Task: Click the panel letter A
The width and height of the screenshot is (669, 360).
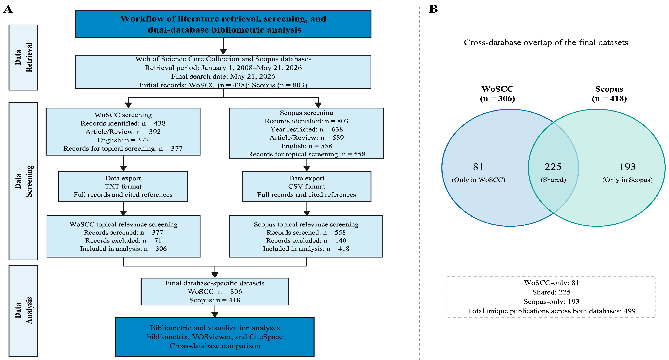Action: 8,9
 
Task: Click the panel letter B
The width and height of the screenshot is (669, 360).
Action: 433,9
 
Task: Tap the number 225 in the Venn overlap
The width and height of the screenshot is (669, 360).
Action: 553,167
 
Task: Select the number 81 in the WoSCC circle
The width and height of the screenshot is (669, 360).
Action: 478,167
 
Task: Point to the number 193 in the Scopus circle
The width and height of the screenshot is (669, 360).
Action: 627,167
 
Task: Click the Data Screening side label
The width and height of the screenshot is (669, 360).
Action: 23,181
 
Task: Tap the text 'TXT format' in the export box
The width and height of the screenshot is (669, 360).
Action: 123,186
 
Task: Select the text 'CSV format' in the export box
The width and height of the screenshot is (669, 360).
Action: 307,186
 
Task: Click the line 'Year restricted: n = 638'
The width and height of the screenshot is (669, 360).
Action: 307,129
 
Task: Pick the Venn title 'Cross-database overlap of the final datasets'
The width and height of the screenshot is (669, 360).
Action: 546,42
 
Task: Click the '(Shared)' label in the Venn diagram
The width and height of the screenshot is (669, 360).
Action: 553,180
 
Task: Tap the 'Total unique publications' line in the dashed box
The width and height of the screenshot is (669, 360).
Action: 551,311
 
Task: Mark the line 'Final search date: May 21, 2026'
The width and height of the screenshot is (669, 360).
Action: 223,76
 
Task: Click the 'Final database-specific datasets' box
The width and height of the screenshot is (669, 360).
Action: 215,291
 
